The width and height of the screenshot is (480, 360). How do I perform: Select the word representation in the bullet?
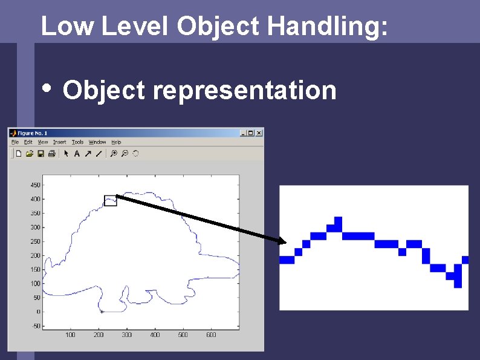[x=244, y=90]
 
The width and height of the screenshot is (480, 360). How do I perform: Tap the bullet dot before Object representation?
[x=49, y=89]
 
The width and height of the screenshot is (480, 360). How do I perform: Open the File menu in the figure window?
[x=15, y=142]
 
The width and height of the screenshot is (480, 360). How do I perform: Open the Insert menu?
[x=60, y=142]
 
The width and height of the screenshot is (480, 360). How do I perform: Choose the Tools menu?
[x=77, y=142]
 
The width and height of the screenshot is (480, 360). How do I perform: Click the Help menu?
[x=115, y=142]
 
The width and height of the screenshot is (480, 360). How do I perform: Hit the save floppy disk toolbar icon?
[x=41, y=154]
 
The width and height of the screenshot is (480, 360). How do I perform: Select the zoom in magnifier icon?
[x=113, y=154]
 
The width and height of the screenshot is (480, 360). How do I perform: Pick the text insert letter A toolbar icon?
[x=77, y=154]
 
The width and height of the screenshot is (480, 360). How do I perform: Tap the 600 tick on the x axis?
[x=211, y=335]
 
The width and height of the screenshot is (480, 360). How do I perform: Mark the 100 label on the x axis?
[x=70, y=335]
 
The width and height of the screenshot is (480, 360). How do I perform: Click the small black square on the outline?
[x=110, y=201]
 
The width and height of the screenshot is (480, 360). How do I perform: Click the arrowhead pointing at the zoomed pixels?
[x=282, y=242]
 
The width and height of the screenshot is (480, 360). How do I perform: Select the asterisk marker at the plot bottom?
[x=102, y=312]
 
